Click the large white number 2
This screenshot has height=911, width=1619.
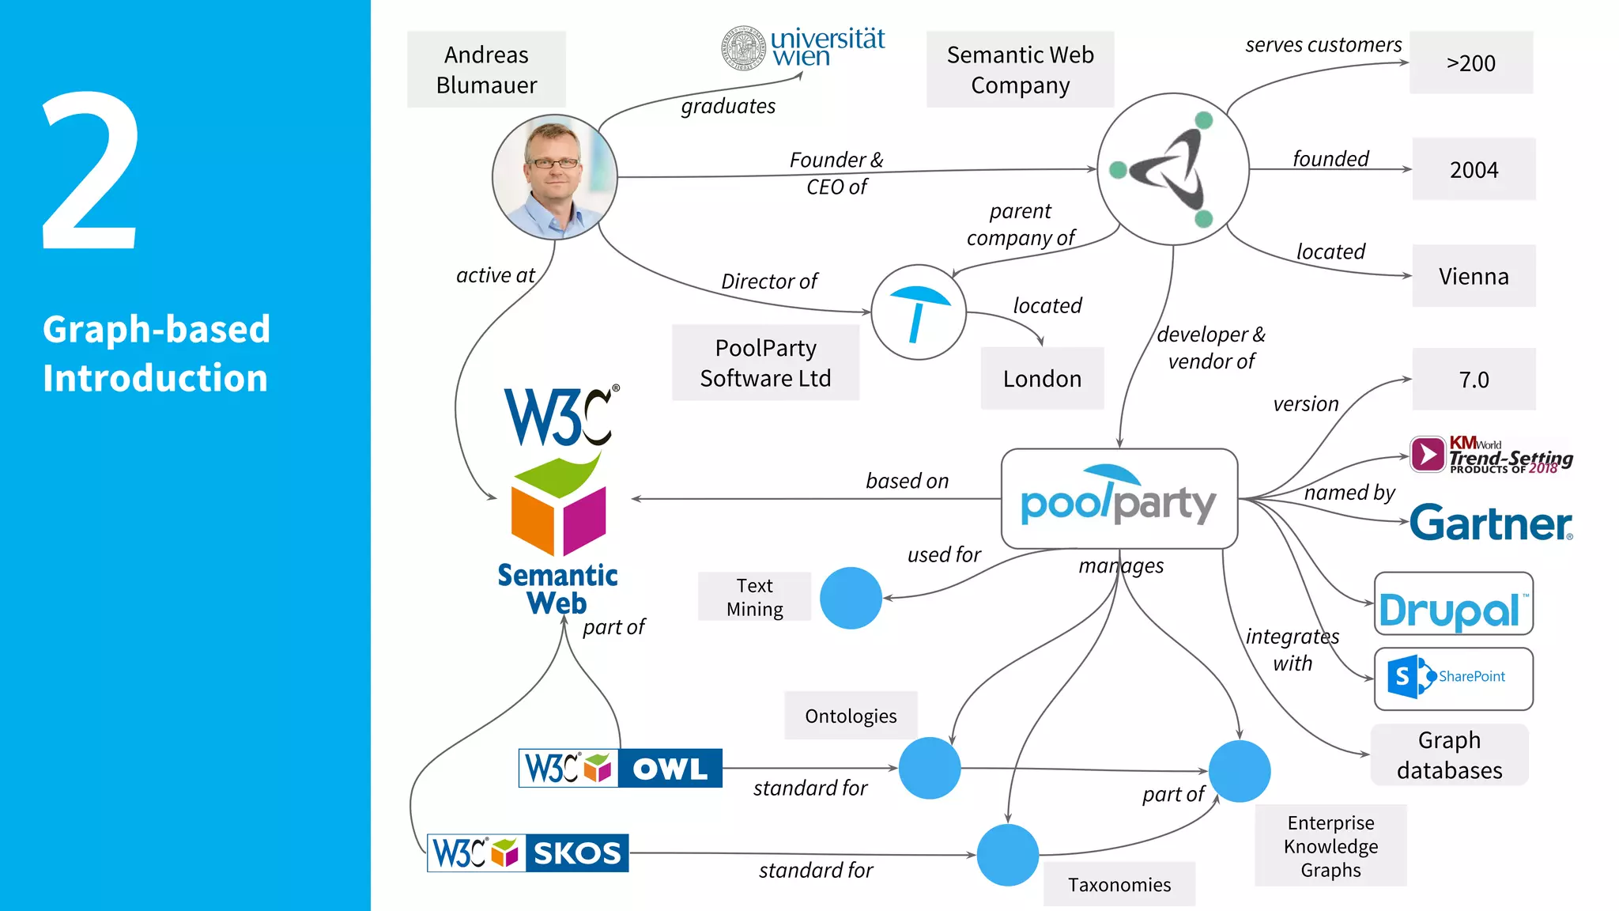click(x=91, y=172)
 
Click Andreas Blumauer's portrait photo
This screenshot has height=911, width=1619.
click(x=554, y=177)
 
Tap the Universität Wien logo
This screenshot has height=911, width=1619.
click(x=803, y=48)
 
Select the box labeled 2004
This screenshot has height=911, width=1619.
click(x=1474, y=169)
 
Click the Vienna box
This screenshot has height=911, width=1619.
click(x=1474, y=276)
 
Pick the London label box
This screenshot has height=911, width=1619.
click(x=1042, y=379)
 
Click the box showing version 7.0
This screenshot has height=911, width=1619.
click(x=1474, y=380)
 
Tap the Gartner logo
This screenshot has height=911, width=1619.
click(x=1491, y=524)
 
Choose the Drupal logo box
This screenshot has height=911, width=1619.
click(x=1453, y=604)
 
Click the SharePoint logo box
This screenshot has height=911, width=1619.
click(x=1453, y=679)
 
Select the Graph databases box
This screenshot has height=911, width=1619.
click(x=1449, y=754)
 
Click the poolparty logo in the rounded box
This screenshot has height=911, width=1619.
click(x=1119, y=499)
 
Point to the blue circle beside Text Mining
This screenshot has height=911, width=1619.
click(x=851, y=599)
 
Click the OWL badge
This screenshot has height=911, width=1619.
click(x=620, y=768)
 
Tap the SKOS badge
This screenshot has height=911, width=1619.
click(x=528, y=853)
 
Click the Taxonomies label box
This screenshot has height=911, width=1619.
click(x=1119, y=884)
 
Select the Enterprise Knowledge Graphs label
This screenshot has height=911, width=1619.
click(x=1330, y=846)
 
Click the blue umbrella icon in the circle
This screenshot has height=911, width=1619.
click(x=919, y=312)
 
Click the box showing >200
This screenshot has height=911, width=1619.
click(x=1470, y=63)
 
